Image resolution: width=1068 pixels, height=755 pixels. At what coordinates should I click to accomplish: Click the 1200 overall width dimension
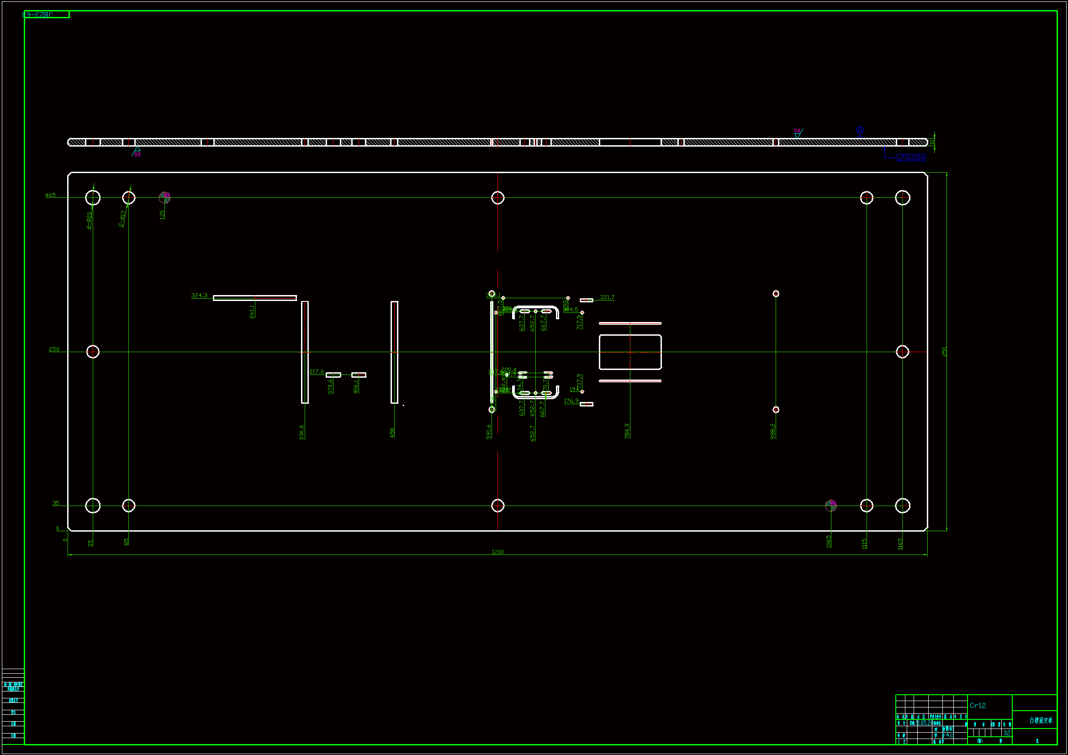point(497,552)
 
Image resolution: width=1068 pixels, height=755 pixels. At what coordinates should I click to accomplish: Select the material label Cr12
point(978,706)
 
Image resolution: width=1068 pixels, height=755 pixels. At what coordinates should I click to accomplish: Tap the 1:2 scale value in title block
point(1007,733)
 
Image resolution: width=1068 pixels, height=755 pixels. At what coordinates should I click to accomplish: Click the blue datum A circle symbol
point(860,130)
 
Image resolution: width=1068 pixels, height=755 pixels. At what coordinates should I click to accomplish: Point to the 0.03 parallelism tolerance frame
point(911,158)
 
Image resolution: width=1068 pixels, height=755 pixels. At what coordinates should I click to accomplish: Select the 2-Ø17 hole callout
point(122,219)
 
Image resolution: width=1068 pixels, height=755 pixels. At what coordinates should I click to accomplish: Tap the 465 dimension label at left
point(50,195)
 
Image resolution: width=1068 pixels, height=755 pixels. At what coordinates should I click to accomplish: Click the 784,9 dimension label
point(628,431)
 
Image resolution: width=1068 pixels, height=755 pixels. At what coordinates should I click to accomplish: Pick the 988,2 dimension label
point(773,431)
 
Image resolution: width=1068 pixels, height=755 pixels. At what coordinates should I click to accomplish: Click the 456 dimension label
point(392,433)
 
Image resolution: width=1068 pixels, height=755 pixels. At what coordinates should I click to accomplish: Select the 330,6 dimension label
point(302,432)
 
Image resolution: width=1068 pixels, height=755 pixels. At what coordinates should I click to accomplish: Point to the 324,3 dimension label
point(199,296)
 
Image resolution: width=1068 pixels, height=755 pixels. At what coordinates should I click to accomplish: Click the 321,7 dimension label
point(607,297)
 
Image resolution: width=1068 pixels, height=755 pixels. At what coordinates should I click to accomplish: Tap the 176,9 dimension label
point(571,401)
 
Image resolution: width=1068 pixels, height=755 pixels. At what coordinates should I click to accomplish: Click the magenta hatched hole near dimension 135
point(164,198)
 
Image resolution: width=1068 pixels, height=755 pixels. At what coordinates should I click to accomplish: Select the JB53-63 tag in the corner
point(38,15)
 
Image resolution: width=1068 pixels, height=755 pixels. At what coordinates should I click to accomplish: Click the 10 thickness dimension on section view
point(932,142)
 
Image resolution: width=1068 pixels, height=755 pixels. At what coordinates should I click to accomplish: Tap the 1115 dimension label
point(864,544)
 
